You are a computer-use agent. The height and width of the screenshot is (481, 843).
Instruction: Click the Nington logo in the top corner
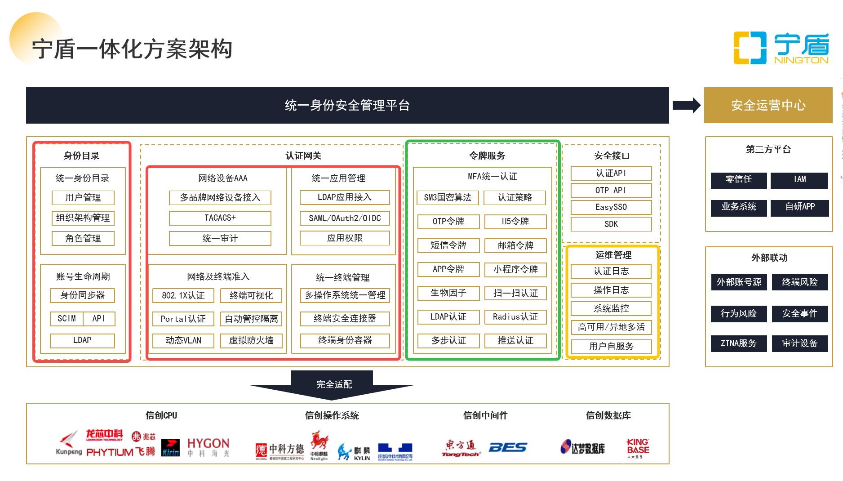(x=781, y=48)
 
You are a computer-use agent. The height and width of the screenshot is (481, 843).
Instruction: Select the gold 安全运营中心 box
(x=768, y=105)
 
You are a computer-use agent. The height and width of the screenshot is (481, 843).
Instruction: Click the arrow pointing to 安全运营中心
(x=687, y=105)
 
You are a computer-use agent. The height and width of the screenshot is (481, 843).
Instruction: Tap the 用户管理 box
(x=83, y=197)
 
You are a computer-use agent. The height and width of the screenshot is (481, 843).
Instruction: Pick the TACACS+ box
(x=220, y=218)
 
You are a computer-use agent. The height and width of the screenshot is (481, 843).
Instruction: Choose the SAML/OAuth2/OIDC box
(x=345, y=218)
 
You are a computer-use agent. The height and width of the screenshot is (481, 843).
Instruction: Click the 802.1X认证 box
(x=183, y=295)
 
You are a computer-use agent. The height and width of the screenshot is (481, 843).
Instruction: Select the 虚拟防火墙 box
(x=251, y=340)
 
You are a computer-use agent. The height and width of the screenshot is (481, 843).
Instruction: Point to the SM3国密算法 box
(x=448, y=197)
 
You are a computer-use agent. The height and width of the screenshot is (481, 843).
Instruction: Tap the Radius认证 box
(x=515, y=316)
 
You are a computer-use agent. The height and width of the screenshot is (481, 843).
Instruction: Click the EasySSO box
(x=611, y=207)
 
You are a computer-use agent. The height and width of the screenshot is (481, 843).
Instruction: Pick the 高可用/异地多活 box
(x=611, y=327)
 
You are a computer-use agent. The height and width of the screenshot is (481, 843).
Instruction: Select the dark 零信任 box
(x=738, y=179)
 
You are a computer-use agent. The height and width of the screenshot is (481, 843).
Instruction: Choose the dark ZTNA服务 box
(x=738, y=343)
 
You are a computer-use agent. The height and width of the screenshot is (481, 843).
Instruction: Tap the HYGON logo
(x=208, y=447)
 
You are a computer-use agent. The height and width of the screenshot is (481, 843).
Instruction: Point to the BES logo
(x=508, y=447)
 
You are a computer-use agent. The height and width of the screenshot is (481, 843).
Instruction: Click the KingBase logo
(x=638, y=448)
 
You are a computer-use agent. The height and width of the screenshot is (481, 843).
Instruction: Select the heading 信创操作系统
(x=332, y=415)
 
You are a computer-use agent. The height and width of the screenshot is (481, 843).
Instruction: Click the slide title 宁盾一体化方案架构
(x=132, y=49)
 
